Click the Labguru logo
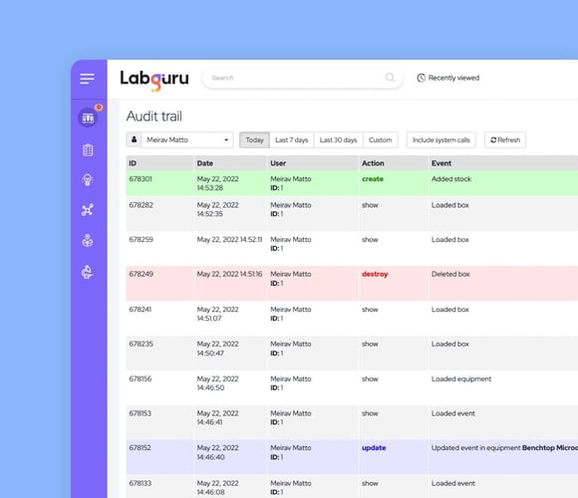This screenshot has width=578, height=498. click(153, 78)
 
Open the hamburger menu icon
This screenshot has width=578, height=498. click(88, 79)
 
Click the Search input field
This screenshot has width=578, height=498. click(294, 78)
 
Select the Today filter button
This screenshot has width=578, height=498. click(254, 140)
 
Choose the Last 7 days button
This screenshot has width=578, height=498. click(292, 140)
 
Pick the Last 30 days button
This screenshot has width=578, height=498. click(338, 140)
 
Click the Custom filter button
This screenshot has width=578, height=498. click(381, 140)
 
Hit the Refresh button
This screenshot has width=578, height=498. click(504, 140)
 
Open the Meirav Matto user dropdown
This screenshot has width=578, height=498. click(180, 140)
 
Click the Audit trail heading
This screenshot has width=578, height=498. click(153, 117)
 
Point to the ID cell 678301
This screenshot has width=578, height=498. click(141, 179)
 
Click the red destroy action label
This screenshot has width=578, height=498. click(375, 274)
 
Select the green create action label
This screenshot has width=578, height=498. click(372, 179)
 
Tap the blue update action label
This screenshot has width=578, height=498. click(374, 448)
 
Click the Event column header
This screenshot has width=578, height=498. click(442, 162)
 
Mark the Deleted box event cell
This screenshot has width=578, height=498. click(450, 274)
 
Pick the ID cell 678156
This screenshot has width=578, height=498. click(141, 378)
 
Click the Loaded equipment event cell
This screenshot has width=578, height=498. click(460, 378)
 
